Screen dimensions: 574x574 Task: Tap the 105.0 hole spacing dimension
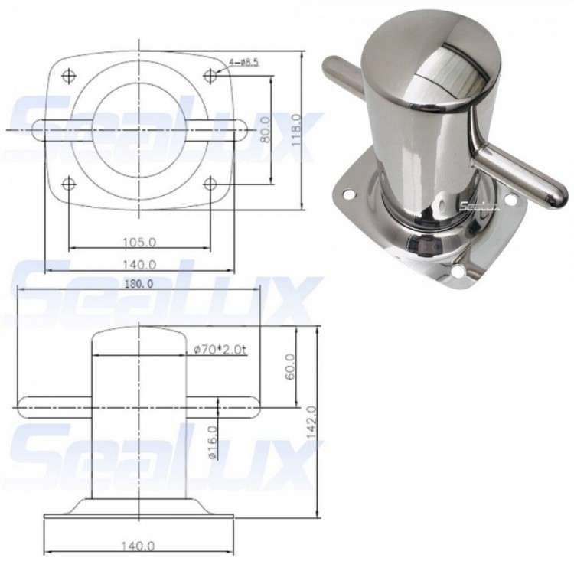139,242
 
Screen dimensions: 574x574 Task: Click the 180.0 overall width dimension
138,283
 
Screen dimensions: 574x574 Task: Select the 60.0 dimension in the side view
286,364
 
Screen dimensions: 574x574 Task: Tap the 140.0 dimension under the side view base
139,546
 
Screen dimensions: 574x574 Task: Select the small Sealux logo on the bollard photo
478,203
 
